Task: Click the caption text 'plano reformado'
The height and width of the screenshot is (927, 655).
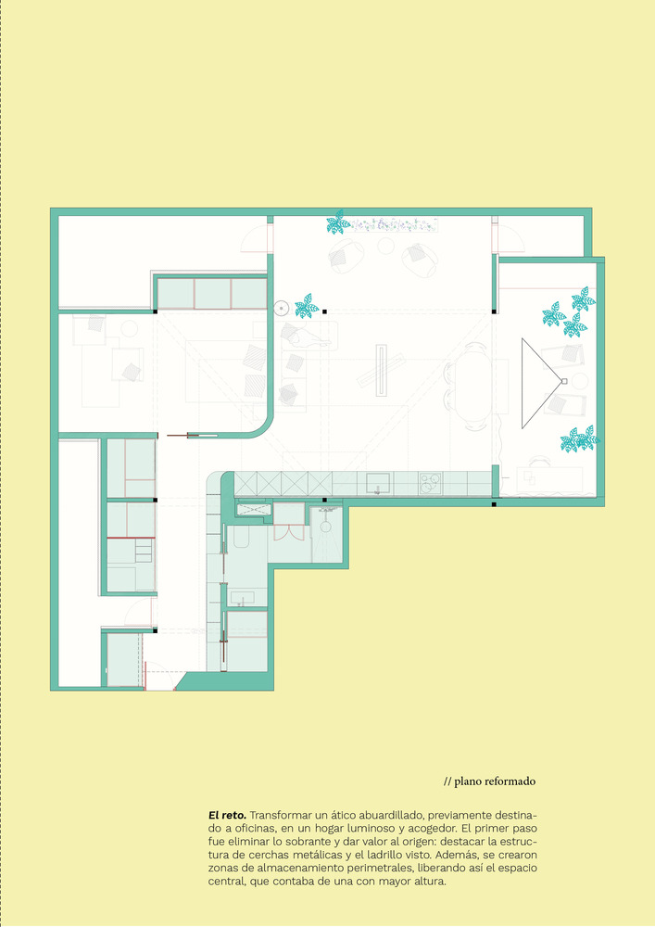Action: (495, 781)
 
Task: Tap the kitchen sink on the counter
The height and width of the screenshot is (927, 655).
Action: (377, 482)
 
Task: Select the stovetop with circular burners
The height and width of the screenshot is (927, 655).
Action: (431, 484)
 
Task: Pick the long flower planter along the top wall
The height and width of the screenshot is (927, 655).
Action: (395, 224)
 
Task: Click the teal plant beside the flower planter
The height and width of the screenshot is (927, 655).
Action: (338, 222)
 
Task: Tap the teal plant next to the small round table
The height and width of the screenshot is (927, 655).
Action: (307, 306)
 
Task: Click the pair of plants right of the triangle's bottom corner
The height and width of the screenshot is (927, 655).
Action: (579, 439)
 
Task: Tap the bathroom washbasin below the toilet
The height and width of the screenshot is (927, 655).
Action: (242, 598)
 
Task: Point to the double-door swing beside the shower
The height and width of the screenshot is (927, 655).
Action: (289, 531)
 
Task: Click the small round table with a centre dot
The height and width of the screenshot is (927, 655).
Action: (282, 308)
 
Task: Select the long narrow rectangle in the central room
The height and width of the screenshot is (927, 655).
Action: (381, 372)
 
